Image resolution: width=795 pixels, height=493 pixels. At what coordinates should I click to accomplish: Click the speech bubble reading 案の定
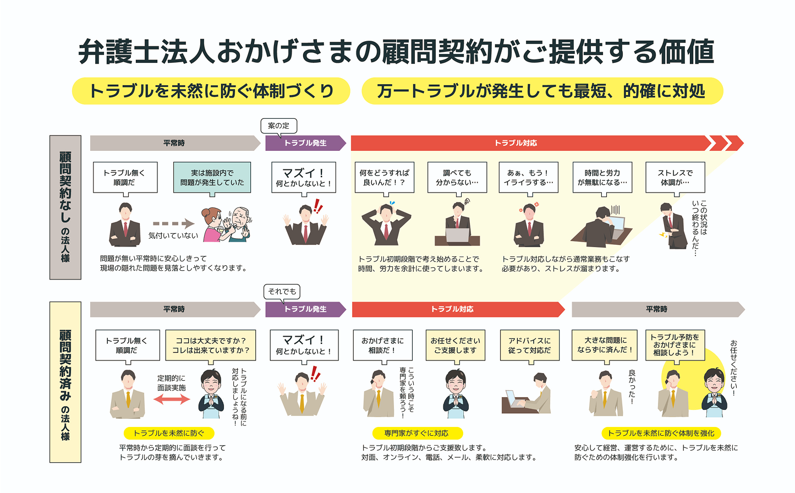coord(278,126)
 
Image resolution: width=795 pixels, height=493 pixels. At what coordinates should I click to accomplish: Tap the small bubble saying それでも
coord(282,292)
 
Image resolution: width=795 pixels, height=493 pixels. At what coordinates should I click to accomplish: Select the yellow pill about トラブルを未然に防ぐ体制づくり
coord(211,91)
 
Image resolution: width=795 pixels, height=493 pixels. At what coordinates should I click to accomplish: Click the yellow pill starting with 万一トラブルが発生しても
coord(542,91)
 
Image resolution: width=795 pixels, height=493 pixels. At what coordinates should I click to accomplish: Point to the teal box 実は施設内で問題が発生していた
coord(212,178)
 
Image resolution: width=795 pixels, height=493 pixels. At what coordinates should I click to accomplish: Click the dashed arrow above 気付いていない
coord(173,223)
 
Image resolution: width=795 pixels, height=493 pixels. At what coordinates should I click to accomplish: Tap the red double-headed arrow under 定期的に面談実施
coord(172,399)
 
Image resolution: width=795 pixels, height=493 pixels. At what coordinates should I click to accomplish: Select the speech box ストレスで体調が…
coord(675,178)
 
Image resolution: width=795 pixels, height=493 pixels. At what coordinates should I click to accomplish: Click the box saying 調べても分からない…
coord(457,178)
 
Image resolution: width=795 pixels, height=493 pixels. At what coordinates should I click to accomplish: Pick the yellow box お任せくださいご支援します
coord(456,346)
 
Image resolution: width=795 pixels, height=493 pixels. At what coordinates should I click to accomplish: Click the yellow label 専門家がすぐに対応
coord(418,433)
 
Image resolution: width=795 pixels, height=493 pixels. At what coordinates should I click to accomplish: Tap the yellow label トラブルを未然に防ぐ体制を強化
coord(661,433)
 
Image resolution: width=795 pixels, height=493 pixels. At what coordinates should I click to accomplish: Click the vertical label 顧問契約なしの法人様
coord(65,207)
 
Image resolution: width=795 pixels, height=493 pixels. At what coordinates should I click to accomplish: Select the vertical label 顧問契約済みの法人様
coord(65,382)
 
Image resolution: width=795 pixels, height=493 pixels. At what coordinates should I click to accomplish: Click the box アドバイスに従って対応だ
coord(529,346)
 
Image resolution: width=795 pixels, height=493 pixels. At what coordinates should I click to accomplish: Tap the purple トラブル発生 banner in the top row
coord(305,143)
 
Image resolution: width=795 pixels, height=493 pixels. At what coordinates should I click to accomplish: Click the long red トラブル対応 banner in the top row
coord(533,143)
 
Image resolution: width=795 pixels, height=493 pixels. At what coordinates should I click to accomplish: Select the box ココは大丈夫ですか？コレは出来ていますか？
coord(211,346)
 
